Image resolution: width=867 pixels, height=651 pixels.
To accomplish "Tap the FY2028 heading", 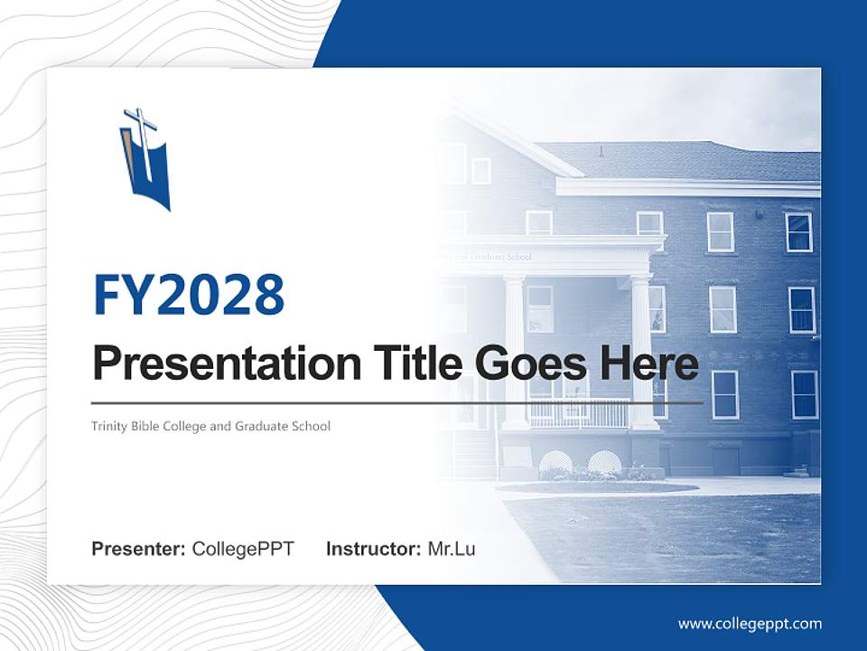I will tap(189, 294).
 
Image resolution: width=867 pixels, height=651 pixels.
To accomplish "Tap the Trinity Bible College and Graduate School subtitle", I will tap(210, 426).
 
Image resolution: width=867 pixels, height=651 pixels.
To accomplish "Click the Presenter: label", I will tap(139, 549).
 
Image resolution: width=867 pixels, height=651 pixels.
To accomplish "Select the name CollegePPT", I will tap(243, 549).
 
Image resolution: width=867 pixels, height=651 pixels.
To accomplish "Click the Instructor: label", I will tap(373, 549).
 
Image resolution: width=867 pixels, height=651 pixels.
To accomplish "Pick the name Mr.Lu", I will tap(452, 549).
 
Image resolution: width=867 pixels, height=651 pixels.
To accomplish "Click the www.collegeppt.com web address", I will tap(750, 624).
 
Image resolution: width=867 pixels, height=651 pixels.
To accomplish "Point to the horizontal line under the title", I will tap(397, 402).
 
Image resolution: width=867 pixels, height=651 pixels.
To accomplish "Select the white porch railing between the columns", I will tap(578, 413).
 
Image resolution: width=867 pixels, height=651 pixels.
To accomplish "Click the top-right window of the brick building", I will tap(798, 232).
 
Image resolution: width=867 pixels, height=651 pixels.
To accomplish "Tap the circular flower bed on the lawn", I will tap(596, 486).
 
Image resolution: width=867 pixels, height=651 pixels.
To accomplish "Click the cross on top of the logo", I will tap(141, 121).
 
